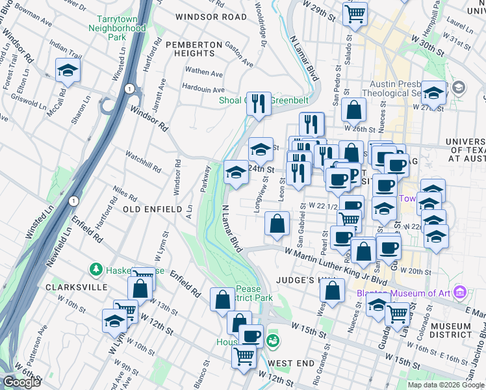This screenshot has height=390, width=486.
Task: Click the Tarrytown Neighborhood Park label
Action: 121,29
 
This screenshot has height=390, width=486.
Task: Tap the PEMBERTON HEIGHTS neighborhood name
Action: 195,44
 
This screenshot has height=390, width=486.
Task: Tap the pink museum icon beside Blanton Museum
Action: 460,292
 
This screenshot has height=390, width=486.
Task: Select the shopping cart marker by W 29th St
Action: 355,13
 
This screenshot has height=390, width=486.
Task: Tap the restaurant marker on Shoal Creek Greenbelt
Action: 259,104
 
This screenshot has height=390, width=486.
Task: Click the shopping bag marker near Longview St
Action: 277,224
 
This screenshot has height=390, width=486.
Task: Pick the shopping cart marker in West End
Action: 244,356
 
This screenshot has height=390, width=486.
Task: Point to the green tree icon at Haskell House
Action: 96,269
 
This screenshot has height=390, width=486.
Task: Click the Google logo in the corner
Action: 22,382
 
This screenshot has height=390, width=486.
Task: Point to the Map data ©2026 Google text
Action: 445,385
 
